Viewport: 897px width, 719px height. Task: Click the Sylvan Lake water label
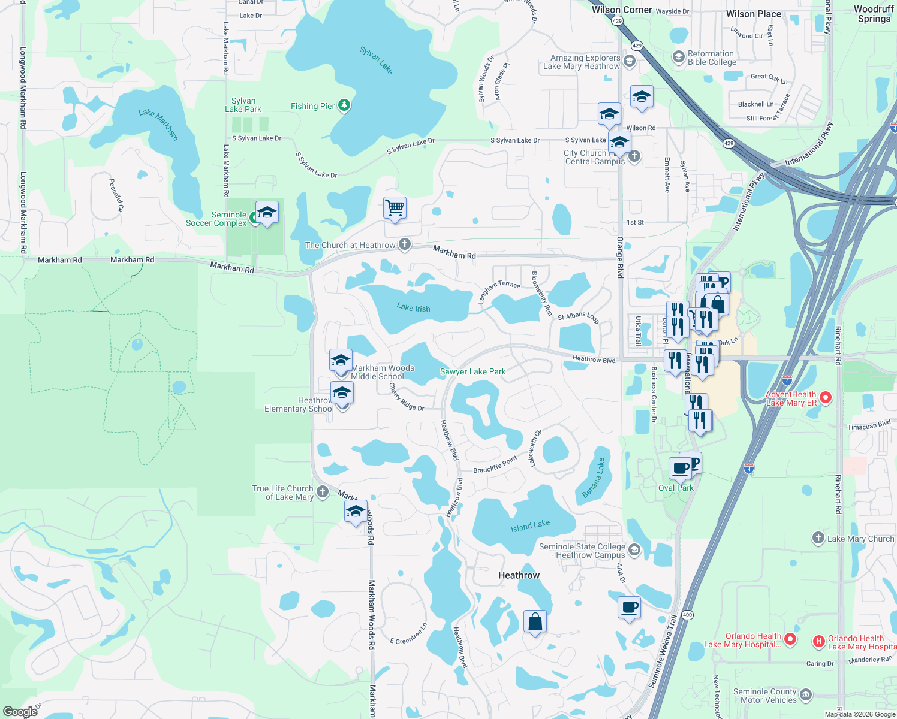point(376,60)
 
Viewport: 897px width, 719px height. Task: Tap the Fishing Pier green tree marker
point(344,106)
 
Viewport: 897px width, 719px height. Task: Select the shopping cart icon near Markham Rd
point(395,209)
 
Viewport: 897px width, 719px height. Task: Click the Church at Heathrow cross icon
point(405,244)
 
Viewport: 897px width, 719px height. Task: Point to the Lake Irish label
point(413,308)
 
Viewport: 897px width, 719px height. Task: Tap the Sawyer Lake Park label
point(472,372)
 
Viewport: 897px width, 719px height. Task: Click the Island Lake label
point(530,526)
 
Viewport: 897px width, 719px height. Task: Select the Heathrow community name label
point(519,575)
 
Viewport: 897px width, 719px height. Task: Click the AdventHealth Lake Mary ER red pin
point(825,397)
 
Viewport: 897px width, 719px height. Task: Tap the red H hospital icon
point(818,642)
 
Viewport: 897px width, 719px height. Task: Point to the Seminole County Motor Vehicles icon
point(806,695)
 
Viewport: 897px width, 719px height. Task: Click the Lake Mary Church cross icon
point(818,538)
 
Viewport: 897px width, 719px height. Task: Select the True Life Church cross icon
point(323,492)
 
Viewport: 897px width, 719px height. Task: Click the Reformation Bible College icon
point(679,57)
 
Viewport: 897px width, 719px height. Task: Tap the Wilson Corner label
point(621,10)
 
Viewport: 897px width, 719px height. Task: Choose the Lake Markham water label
point(158,124)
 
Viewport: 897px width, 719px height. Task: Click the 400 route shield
point(687,615)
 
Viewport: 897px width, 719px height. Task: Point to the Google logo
point(20,712)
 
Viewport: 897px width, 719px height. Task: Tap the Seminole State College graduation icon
point(634,549)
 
